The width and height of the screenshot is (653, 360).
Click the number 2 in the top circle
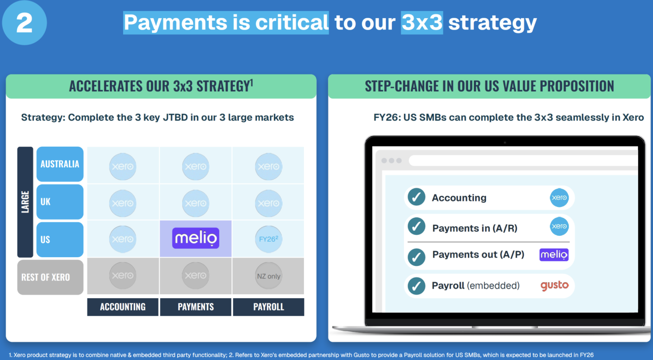pos(24,23)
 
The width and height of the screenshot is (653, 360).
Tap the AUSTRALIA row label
pos(60,164)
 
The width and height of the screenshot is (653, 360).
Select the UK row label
pos(60,202)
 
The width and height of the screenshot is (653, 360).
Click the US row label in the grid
pos(60,240)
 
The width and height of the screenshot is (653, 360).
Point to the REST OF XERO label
pos(50,277)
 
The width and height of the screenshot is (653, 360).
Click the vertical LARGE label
pos(25,202)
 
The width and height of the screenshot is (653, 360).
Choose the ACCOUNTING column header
pos(123,307)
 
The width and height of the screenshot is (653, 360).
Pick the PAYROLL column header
pos(268,307)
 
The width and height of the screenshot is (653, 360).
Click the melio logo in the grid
pos(196,238)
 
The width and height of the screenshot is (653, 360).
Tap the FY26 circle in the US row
pos(268,239)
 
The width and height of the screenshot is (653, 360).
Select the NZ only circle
pos(268,276)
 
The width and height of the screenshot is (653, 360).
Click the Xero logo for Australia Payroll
pos(268,166)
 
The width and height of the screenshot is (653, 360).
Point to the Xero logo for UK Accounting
pos(123,203)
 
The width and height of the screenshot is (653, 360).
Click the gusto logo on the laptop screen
pos(555,285)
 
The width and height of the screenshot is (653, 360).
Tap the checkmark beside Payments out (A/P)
pos(416,257)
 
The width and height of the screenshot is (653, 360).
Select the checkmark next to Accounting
pos(416,197)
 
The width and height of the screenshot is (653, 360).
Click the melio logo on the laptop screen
pos(554,255)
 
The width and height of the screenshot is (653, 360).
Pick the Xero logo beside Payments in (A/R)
pos(559,226)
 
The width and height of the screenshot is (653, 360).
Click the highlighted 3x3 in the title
pos(422,22)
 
